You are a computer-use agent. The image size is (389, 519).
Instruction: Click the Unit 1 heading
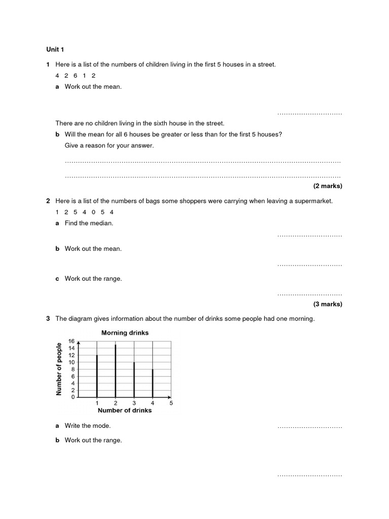55,50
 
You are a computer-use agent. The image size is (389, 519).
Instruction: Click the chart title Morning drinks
125,333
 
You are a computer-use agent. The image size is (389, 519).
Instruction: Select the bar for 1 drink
97,376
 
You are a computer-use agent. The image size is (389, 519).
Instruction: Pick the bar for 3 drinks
134,379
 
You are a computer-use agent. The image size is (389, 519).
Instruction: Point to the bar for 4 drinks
152,383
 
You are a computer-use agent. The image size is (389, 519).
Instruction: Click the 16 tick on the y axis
71,341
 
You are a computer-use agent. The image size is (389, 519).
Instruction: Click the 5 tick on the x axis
171,403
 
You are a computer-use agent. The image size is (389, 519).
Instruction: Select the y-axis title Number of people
59,369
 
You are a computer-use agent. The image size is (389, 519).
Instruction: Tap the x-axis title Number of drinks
125,411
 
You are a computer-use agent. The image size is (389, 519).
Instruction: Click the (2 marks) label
328,186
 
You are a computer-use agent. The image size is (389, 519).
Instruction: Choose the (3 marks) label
328,304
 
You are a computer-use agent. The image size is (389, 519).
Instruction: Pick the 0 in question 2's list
94,212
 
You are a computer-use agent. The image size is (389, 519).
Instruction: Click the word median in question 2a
103,223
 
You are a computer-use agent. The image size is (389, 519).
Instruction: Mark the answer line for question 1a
309,114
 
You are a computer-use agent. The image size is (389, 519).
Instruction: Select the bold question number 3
48,319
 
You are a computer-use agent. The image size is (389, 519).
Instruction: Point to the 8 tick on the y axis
72,369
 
